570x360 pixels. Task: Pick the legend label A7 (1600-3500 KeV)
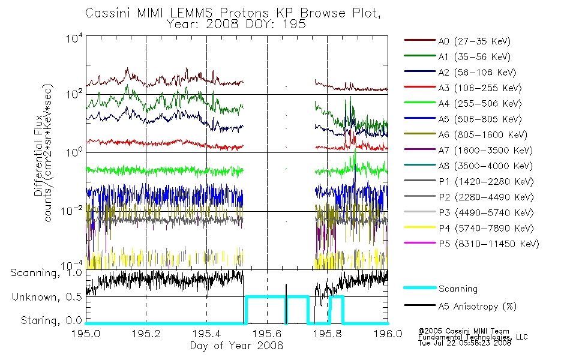pyautogui.click(x=485, y=151)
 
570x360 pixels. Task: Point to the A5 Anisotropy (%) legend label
pyautogui.click(x=478, y=307)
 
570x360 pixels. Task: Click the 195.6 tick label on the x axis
pyautogui.click(x=267, y=334)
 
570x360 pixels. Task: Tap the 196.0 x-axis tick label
pyautogui.click(x=388, y=334)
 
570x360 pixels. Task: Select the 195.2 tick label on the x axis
pyautogui.click(x=146, y=334)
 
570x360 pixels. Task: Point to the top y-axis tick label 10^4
pyautogui.click(x=74, y=38)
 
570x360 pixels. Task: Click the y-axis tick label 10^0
pyautogui.click(x=74, y=152)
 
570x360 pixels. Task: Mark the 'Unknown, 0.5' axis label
pyautogui.click(x=47, y=297)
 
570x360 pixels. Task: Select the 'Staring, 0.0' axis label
pyautogui.click(x=51, y=320)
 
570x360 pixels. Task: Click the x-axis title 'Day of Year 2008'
pyautogui.click(x=236, y=346)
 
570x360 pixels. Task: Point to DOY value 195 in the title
pyautogui.click(x=294, y=25)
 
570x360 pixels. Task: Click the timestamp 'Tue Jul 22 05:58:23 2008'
pyautogui.click(x=464, y=343)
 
